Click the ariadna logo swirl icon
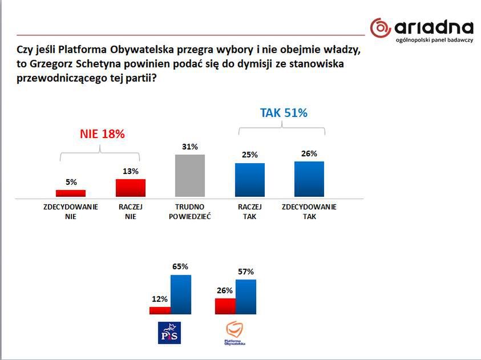click(380, 27)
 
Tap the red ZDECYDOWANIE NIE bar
click(70, 193)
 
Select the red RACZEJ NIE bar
click(131, 188)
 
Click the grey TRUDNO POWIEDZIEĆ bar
click(190, 176)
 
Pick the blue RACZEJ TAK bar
click(250, 180)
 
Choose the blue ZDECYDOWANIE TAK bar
click(309, 179)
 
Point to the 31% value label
click(190, 147)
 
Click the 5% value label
click(71, 183)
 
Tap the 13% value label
click(131, 171)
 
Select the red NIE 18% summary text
click(101, 134)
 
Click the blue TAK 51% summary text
click(284, 113)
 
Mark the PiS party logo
click(168, 333)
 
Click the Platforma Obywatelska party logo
click(235, 334)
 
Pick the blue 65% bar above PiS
click(180, 294)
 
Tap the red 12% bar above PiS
click(160, 310)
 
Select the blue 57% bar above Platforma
click(246, 297)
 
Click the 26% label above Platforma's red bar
click(224, 290)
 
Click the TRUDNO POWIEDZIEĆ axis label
click(190, 212)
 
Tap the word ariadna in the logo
click(433, 27)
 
